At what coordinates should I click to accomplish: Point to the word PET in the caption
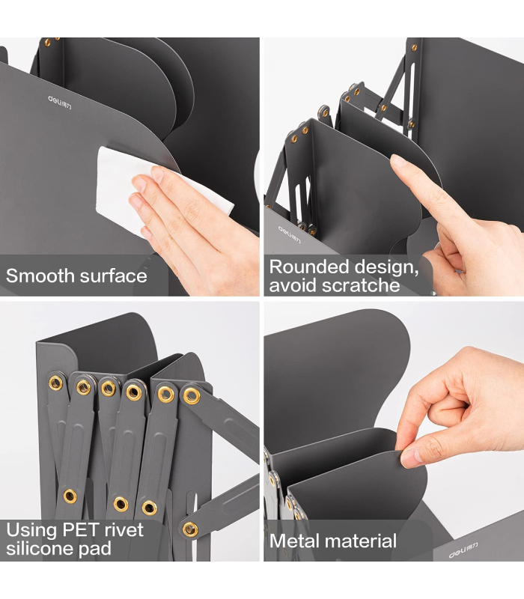(x=82, y=530)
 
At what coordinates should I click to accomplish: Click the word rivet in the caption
(x=125, y=530)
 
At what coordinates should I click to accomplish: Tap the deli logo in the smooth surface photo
(x=60, y=103)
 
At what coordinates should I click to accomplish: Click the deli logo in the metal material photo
(x=463, y=550)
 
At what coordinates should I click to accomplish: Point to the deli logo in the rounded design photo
(x=289, y=234)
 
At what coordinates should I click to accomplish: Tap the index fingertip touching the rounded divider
(x=398, y=161)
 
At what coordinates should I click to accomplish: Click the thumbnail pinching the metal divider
(x=411, y=458)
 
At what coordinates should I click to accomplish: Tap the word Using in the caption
(x=31, y=531)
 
